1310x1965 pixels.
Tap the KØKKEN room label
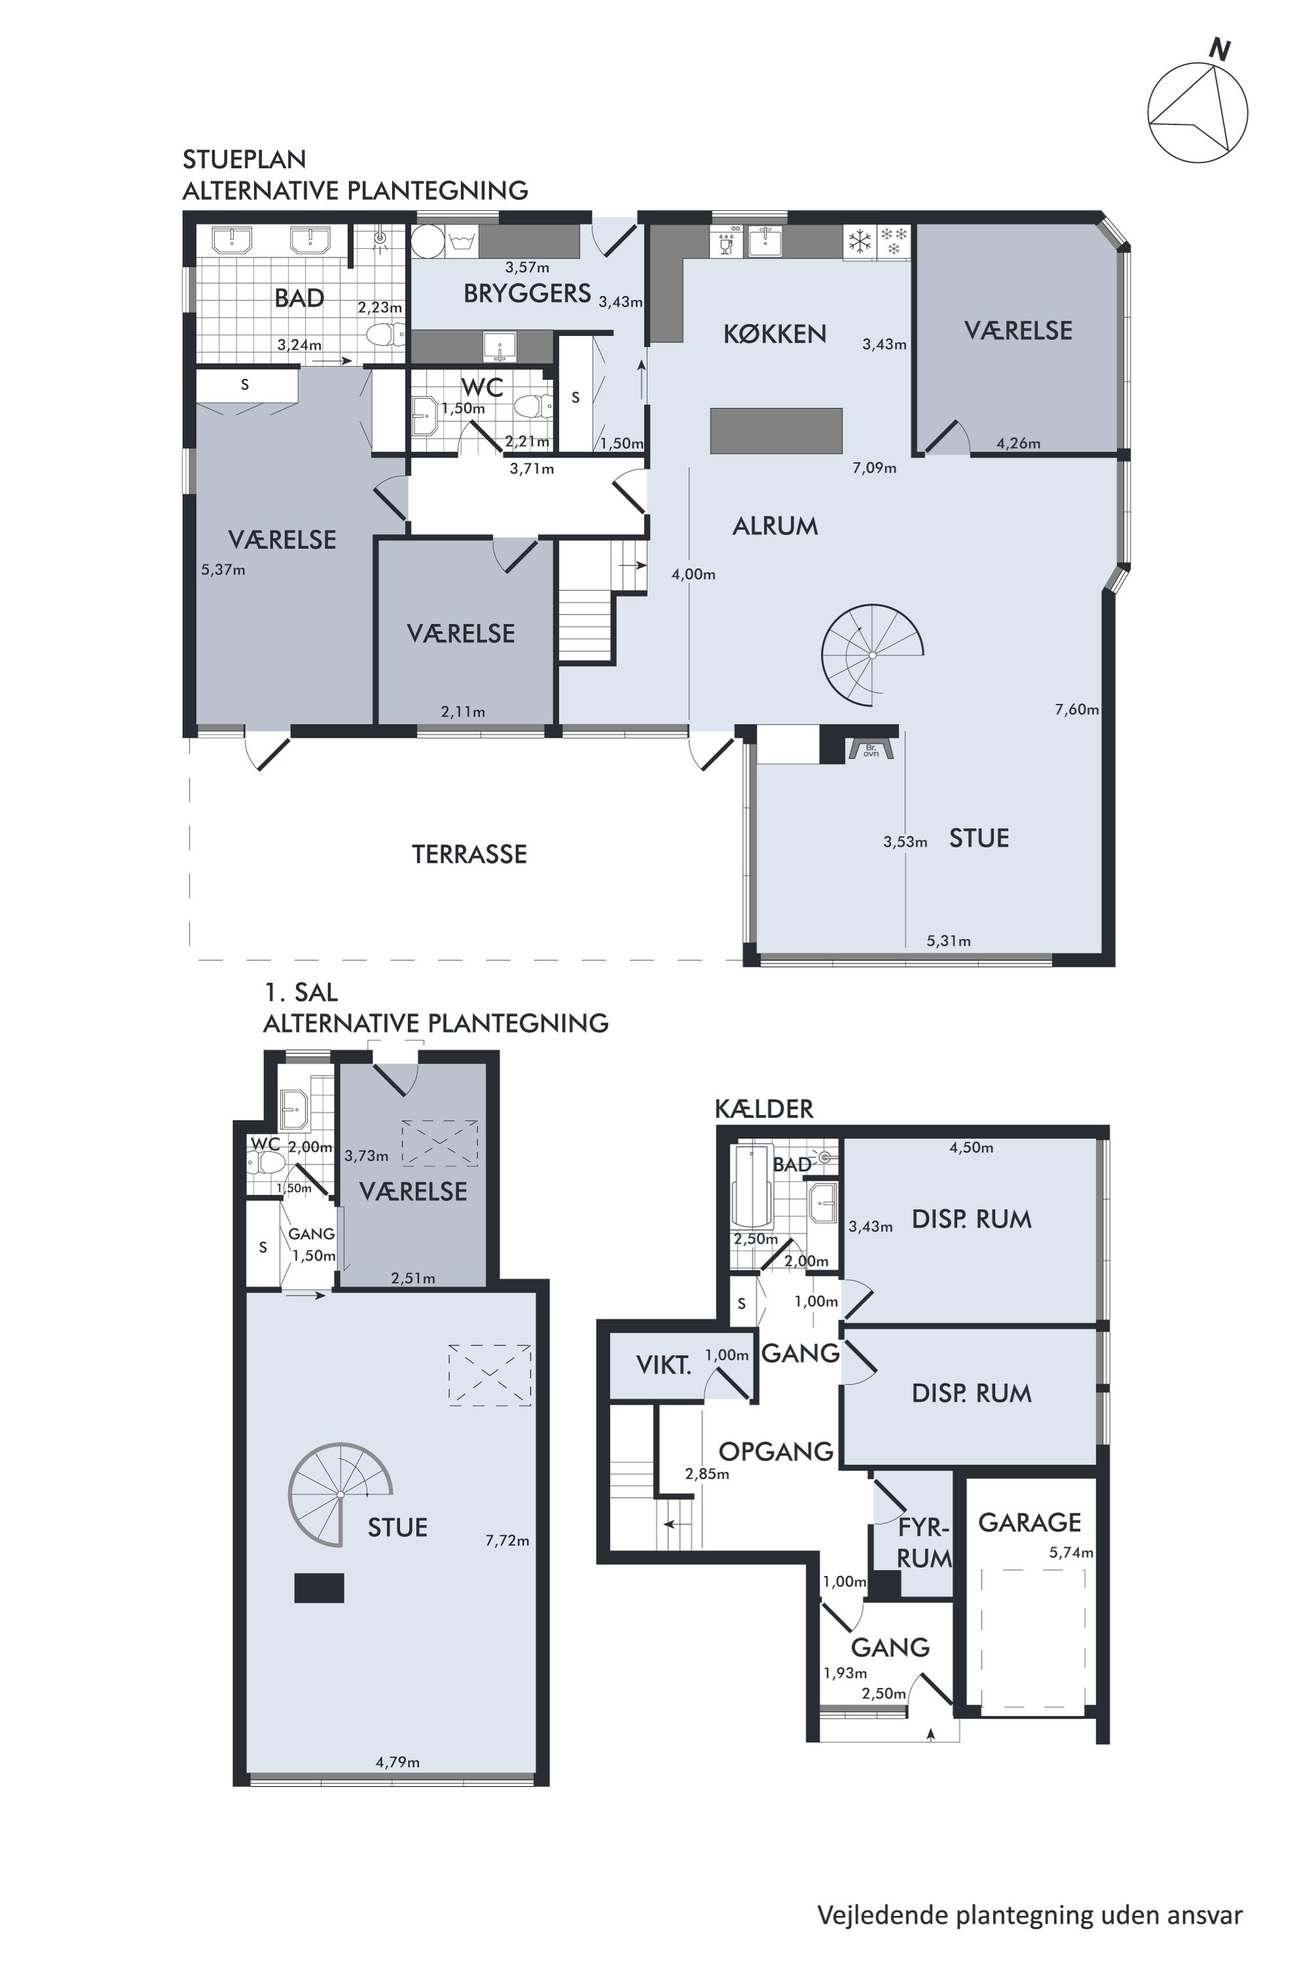coord(774,334)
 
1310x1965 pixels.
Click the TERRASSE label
coord(470,854)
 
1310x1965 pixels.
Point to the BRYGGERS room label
coord(527,293)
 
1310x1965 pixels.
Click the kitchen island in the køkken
coord(776,430)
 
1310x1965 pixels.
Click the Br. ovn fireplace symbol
coord(871,749)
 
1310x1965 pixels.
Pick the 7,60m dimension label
coord(1077,709)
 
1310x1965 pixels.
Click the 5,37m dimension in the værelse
coord(223,570)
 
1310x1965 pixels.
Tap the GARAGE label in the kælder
coord(1029,1522)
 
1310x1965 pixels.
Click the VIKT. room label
coord(664,1365)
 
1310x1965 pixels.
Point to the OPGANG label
coord(776,1451)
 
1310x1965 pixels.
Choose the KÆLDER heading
coord(764,1109)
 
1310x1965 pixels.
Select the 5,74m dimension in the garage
coord(1071,1553)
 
